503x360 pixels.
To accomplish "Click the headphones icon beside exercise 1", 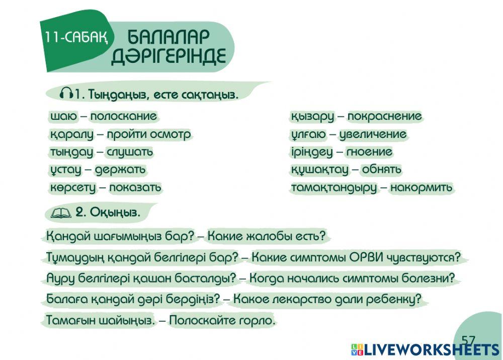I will [x=66, y=94].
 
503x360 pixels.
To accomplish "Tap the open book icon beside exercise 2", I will [x=61, y=213].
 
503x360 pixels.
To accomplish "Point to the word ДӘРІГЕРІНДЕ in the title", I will [x=169, y=56].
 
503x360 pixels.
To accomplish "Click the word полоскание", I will [x=123, y=117].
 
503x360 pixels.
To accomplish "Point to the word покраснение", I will [x=384, y=117].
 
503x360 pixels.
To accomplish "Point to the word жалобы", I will [x=272, y=236].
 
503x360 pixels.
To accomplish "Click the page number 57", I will [x=468, y=340].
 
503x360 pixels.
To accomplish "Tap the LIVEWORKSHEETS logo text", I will [x=432, y=350].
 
